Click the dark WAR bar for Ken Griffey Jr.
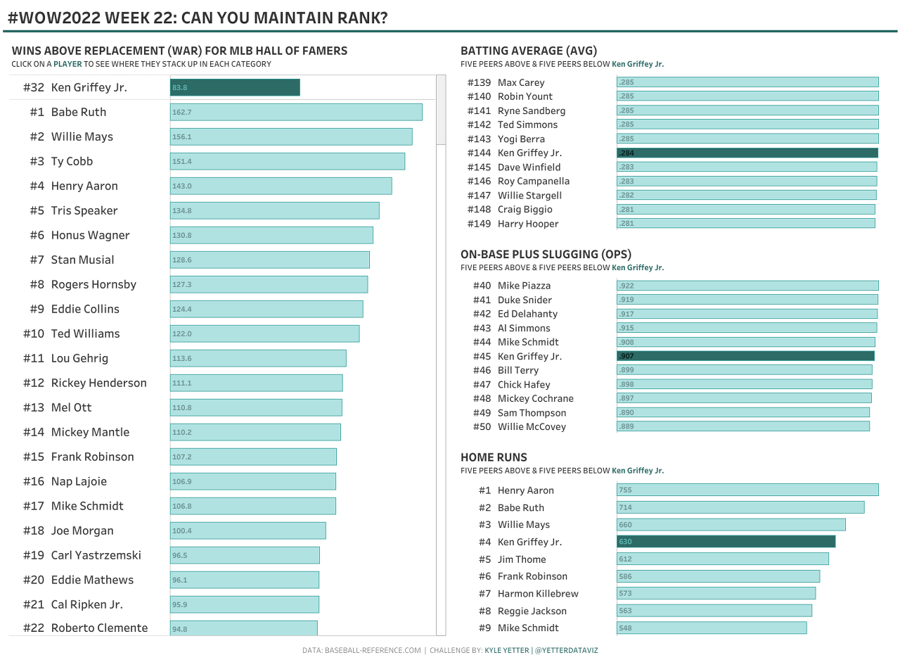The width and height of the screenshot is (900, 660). click(x=235, y=87)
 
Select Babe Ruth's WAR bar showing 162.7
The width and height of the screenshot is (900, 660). click(x=296, y=112)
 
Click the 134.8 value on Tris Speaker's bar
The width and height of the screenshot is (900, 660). click(x=182, y=211)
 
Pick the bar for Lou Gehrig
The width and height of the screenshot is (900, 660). click(x=258, y=358)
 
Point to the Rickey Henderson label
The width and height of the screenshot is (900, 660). click(x=98, y=383)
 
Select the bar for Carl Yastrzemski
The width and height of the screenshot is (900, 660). click(x=245, y=555)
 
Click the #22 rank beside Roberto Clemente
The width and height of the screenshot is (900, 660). click(x=34, y=628)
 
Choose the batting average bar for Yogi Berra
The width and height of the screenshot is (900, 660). click(x=747, y=139)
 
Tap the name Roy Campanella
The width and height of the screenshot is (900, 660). click(x=534, y=181)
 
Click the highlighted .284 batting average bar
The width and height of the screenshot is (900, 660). click(x=747, y=153)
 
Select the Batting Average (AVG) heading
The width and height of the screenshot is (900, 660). click(x=528, y=51)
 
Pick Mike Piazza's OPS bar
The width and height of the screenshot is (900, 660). click(x=747, y=286)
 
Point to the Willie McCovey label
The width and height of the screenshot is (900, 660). click(x=532, y=426)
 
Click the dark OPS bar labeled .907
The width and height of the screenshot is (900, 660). click(x=745, y=356)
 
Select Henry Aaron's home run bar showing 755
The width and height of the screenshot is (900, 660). click(x=747, y=490)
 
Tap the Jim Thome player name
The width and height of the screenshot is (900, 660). click(x=522, y=559)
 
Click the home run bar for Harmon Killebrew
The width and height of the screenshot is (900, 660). click(x=716, y=593)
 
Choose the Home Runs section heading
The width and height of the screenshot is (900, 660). click(x=494, y=457)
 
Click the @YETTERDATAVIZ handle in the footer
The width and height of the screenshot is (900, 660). click(x=566, y=650)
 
